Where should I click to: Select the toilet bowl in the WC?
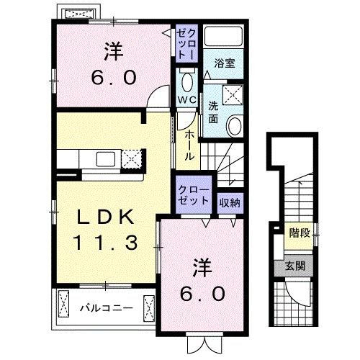coord(187,80)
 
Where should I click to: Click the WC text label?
coord(186,99)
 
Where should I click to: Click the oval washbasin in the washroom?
coord(235,126)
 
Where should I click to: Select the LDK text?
coord(105,215)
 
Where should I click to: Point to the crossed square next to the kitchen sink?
coord(131,158)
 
